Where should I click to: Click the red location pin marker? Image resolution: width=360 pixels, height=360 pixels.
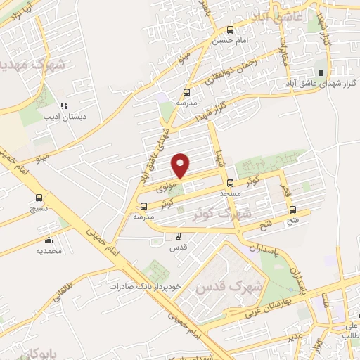click(181, 165)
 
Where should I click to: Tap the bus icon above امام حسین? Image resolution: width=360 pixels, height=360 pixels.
click(230, 30)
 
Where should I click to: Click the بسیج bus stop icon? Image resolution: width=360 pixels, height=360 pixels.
click(39, 199)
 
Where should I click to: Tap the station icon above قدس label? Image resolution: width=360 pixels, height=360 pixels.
click(178, 236)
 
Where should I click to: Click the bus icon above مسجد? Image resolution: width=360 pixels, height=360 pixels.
click(231, 183)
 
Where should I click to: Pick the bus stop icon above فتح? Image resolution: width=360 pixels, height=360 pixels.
click(293, 209)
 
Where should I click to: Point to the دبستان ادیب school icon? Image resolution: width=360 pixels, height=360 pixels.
click(64, 105)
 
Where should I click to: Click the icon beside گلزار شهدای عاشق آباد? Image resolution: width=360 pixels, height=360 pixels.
click(321, 72)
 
